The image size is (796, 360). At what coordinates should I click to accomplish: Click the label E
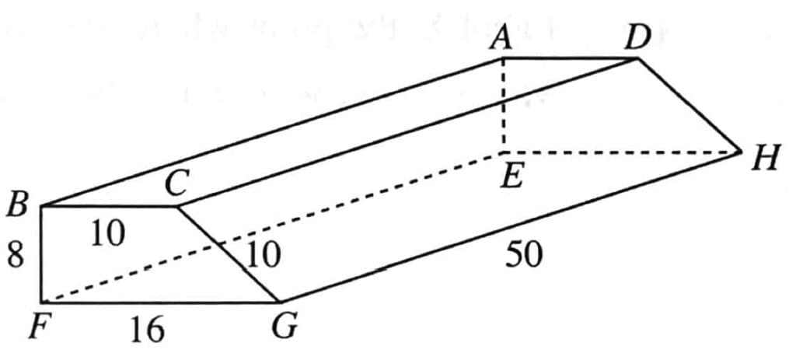[510, 178]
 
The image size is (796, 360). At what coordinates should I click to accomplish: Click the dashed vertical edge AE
[504, 105]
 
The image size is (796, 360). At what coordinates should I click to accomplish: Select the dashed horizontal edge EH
[622, 152]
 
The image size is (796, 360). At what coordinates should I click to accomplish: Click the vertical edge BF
[41, 254]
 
